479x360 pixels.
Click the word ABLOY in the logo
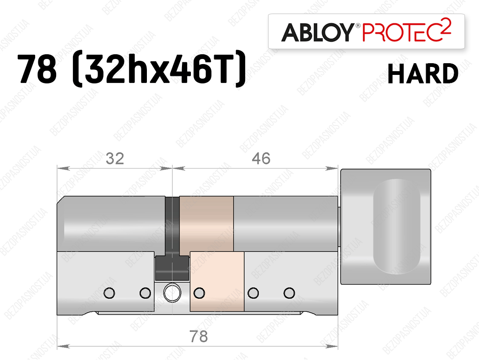(x=318, y=32)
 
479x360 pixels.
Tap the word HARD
(x=423, y=73)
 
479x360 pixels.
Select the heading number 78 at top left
(x=37, y=68)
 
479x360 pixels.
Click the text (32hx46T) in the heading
(x=159, y=68)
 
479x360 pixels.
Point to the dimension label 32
(x=115, y=159)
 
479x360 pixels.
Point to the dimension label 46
(x=261, y=159)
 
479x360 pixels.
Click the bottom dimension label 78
(x=198, y=337)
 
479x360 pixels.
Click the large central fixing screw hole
(x=172, y=293)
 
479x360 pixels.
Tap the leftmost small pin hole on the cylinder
(x=109, y=293)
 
